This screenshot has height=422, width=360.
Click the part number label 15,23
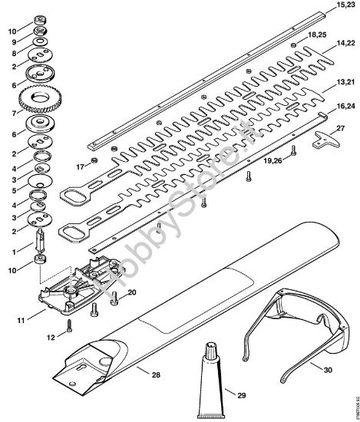tap(345, 5)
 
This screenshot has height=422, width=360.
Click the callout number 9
tap(12, 42)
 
